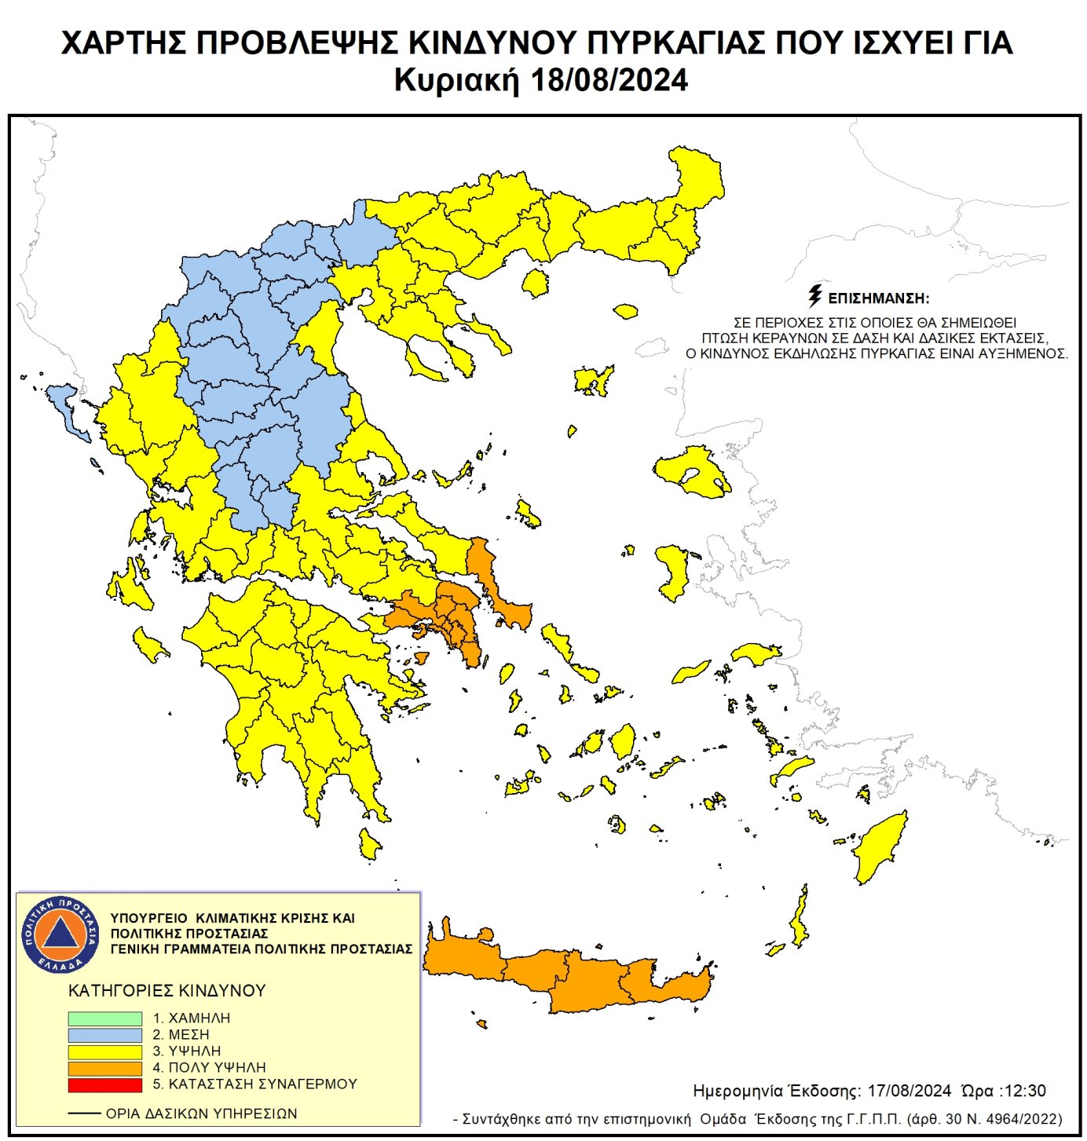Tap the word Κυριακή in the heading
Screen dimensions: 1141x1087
456,80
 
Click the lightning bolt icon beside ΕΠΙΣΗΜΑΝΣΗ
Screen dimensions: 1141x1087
815,296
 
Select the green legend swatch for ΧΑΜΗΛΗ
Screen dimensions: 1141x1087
104,1018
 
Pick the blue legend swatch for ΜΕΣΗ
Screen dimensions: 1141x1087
104,1034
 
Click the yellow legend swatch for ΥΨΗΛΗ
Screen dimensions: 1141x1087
104,1051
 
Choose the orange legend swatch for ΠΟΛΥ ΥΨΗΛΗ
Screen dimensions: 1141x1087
104,1068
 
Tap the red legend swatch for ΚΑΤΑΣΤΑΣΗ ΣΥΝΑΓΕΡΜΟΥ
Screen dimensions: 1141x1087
104,1084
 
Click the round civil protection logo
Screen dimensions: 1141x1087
60,934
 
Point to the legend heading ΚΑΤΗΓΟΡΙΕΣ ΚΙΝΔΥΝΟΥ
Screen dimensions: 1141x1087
167,990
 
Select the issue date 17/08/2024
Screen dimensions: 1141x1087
909,1091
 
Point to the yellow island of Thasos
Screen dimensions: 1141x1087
536,283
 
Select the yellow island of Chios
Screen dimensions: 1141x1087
672,569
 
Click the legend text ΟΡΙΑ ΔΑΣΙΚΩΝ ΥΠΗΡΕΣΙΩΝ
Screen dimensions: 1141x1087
201,1114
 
